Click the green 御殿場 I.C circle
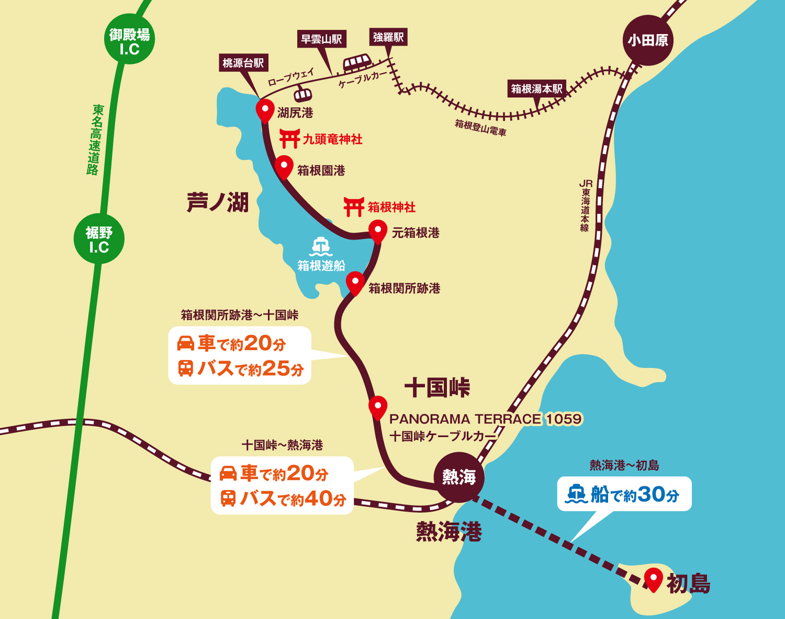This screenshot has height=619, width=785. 129,39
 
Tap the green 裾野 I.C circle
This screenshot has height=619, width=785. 99,239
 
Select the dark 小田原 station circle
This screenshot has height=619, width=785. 648,40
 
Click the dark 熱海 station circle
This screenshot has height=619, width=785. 459,477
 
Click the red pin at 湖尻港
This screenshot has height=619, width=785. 265,111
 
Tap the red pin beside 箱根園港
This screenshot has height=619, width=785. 284,167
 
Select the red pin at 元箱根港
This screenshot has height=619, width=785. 377,231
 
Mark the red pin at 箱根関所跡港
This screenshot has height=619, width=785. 355,283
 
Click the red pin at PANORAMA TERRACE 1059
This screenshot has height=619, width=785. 377,407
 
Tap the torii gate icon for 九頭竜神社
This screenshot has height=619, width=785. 289,139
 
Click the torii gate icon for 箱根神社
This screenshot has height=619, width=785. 354,207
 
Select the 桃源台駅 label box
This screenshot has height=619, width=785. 243,63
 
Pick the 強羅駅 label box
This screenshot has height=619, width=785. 388,37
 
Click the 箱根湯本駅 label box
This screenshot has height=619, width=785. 537,89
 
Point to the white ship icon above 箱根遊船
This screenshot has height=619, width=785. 321,246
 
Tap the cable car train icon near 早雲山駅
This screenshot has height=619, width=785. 357,63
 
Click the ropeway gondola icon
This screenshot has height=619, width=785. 302,95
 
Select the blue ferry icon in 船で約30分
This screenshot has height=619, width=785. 577,494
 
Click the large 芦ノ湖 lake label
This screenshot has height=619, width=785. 218,202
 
